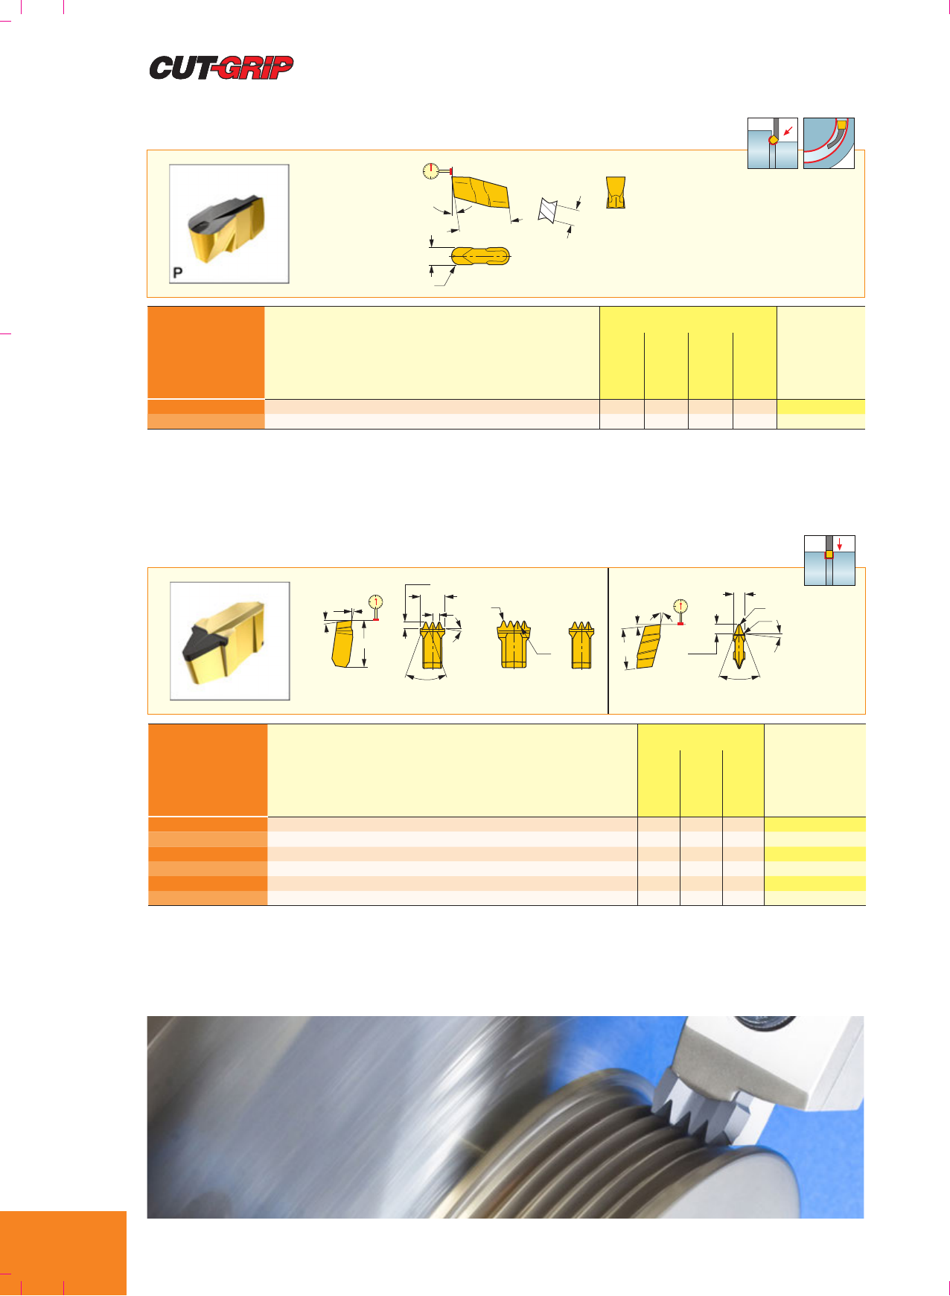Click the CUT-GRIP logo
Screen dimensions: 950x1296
[x=222, y=68]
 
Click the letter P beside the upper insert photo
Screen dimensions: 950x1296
[x=177, y=272]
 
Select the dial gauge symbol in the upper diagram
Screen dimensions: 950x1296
[x=430, y=171]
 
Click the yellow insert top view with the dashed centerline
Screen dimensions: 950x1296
[x=481, y=256]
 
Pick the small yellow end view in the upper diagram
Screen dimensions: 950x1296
[x=615, y=192]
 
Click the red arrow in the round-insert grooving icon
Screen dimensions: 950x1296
[x=788, y=132]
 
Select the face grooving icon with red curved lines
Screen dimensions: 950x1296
[x=829, y=143]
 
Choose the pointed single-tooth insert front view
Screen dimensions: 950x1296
[x=738, y=645]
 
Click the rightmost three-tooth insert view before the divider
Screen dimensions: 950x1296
[x=581, y=645]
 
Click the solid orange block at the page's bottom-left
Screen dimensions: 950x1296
[x=63, y=1254]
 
